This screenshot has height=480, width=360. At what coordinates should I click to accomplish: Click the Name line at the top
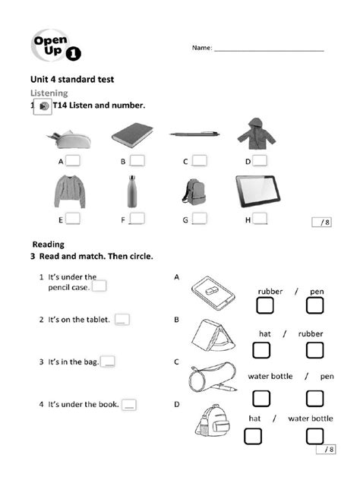pyautogui.click(x=269, y=49)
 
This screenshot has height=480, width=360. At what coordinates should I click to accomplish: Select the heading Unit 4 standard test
pyautogui.click(x=72, y=79)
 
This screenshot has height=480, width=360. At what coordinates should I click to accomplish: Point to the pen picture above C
pyautogui.click(x=194, y=134)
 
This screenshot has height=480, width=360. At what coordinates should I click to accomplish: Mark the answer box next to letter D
pyautogui.click(x=260, y=160)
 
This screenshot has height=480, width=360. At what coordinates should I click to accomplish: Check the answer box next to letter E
pyautogui.click(x=73, y=219)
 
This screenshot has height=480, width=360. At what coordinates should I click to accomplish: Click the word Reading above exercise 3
pyautogui.click(x=48, y=245)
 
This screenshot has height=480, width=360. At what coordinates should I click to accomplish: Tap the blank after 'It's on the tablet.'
pyautogui.click(x=123, y=320)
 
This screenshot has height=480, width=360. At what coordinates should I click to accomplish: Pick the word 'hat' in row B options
pyautogui.click(x=265, y=333)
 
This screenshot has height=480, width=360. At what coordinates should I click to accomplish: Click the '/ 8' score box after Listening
pyautogui.click(x=322, y=222)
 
